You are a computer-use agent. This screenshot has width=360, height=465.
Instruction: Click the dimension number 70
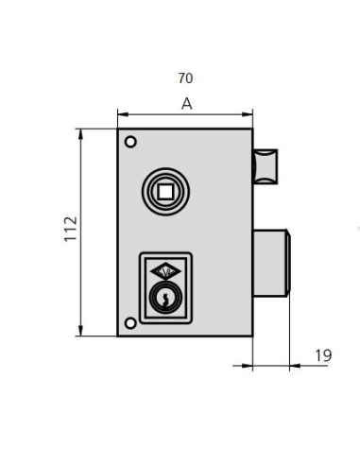pyautogui.click(x=185, y=78)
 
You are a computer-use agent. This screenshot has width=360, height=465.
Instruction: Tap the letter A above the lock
pyautogui.click(x=186, y=104)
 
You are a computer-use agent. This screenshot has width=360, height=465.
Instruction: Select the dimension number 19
pyautogui.click(x=321, y=355)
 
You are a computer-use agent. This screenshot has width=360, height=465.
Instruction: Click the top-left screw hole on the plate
pyautogui.click(x=130, y=142)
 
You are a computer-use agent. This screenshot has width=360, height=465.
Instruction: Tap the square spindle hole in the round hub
pyautogui.click(x=165, y=192)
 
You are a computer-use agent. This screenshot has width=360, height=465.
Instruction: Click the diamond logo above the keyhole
pyautogui.click(x=165, y=270)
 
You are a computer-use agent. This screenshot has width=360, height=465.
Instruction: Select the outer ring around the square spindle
pyautogui.click(x=149, y=192)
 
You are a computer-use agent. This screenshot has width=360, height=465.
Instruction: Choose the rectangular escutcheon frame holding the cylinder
pyautogui.click(x=143, y=284)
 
